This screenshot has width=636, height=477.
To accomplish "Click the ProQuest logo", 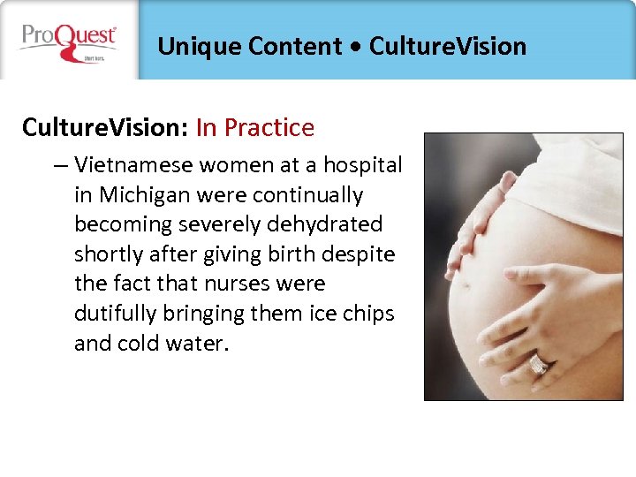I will click(69, 42).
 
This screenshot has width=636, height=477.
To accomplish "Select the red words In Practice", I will click(255, 128).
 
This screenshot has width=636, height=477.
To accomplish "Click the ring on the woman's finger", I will click(538, 363).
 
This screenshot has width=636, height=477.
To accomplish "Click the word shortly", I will click(109, 254).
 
